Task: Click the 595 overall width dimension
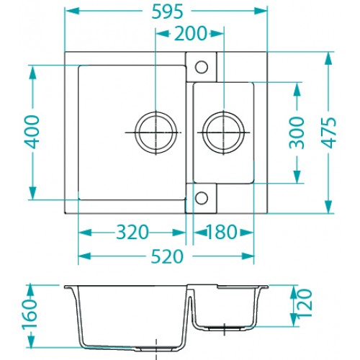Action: tap(168, 12)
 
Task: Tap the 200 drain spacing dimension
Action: tap(190, 33)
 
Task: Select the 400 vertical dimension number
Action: tap(32, 132)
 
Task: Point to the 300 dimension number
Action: tap(297, 132)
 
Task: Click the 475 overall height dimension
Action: tap(328, 132)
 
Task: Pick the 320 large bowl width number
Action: tap(132, 232)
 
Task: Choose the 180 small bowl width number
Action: tap(222, 232)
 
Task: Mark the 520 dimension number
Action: tap(167, 256)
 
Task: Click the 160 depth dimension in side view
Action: tap(30, 315)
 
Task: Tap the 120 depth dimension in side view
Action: tap(305, 303)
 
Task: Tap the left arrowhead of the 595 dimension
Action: tap(72, 11)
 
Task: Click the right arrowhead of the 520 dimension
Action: tap(247, 256)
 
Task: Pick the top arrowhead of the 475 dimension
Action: tap(328, 58)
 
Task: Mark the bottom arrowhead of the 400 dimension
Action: tap(32, 193)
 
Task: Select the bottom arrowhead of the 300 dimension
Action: tap(297, 177)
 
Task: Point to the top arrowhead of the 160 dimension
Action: tap(30, 292)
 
